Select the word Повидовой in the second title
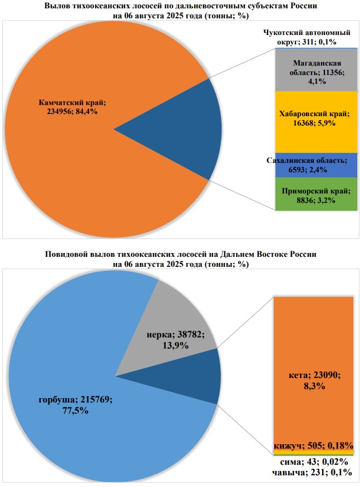(65, 255)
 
